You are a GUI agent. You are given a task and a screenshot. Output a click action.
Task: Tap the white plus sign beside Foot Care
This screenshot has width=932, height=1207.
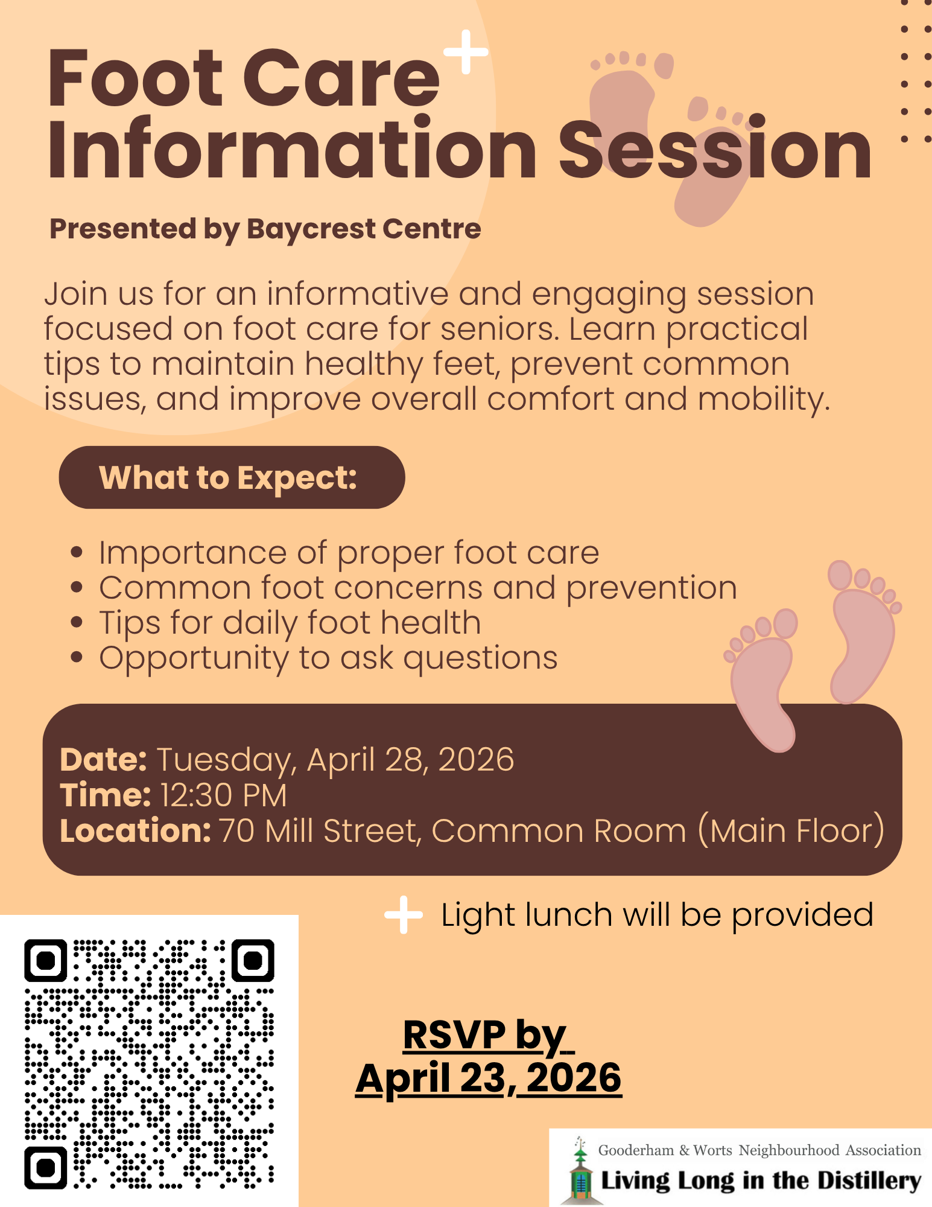[x=466, y=52]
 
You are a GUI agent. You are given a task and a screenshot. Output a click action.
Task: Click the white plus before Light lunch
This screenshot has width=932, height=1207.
[x=404, y=915]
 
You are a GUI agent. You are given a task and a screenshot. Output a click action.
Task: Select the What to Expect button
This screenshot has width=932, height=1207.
[x=232, y=477]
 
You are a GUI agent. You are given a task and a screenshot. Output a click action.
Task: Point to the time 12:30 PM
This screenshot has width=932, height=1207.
[x=223, y=795]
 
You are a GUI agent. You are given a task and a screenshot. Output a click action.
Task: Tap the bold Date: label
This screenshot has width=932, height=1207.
[x=103, y=759]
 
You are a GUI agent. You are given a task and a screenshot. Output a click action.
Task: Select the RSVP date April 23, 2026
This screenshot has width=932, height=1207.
[x=489, y=1078]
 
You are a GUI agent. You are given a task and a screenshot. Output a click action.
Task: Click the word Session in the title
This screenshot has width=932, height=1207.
[x=715, y=151]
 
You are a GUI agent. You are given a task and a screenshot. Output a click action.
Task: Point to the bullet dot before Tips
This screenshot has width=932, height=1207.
[x=76, y=622]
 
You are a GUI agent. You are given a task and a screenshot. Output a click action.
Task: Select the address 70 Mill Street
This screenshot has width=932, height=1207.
[x=319, y=830]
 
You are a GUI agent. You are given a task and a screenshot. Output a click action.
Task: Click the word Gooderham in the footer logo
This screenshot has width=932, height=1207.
[x=636, y=1150]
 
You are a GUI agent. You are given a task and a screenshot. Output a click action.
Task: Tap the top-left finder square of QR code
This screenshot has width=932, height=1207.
[x=46, y=960]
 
